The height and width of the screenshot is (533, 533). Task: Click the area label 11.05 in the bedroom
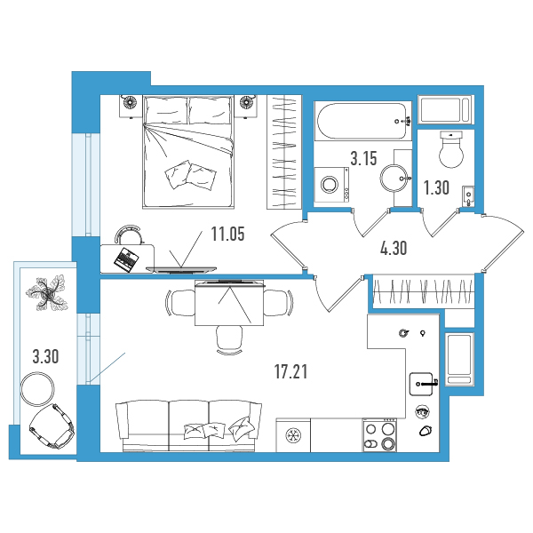tap(227, 234)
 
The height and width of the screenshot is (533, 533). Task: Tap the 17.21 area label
tap(291, 371)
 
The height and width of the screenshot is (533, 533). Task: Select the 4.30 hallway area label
tap(394, 248)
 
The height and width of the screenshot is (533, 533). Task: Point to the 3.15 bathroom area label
tap(363, 158)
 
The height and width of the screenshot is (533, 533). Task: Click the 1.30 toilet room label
tap(436, 187)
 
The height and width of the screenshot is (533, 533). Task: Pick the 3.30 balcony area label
tap(45, 356)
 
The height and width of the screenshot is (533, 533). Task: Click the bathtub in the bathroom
tap(362, 121)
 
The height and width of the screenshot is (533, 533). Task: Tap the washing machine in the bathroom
tap(331, 185)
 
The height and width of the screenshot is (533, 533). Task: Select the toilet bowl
tap(451, 149)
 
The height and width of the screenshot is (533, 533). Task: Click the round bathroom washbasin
tap(394, 179)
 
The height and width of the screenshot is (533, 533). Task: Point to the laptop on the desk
tap(126, 259)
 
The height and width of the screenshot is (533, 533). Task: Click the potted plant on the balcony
tap(47, 293)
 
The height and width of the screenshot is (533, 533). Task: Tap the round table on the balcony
tap(37, 389)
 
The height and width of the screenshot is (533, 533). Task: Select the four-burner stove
tap(379, 435)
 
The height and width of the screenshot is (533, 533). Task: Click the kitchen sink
tap(421, 384)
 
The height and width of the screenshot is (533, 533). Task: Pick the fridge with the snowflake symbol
tap(292, 435)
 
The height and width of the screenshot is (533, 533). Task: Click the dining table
tap(229, 303)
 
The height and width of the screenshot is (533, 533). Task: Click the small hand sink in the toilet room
tap(468, 195)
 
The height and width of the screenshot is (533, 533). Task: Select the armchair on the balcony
tap(52, 426)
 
